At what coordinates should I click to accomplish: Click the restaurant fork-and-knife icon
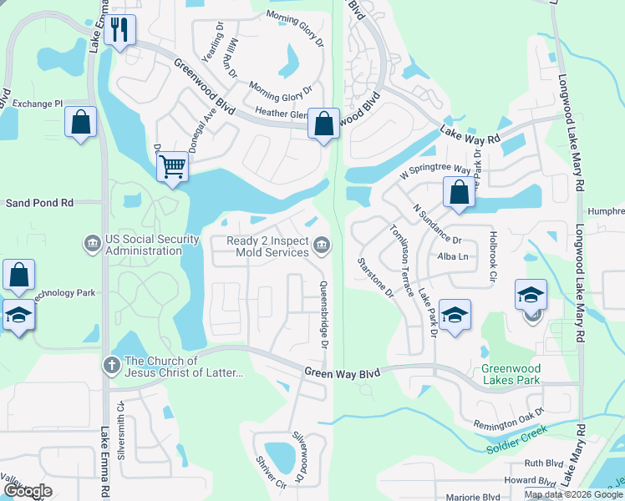tap(121, 31)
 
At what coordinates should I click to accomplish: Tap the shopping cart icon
tap(172, 165)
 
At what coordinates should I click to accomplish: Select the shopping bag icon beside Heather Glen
tap(323, 124)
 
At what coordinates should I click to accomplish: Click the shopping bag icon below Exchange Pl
tap(81, 122)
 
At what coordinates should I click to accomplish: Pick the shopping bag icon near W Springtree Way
tap(459, 192)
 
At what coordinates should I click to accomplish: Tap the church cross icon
tap(111, 366)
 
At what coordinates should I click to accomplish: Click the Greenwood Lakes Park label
tap(511, 374)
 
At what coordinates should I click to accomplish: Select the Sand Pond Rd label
tap(40, 203)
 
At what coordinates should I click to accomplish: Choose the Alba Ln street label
tap(452, 256)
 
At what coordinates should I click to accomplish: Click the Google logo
tap(28, 491)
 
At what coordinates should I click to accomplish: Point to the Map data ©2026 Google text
tap(572, 494)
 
